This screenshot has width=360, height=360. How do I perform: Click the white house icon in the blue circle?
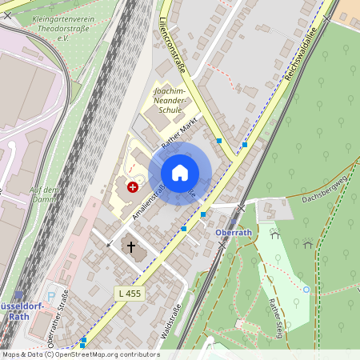pyautogui.click(x=180, y=173)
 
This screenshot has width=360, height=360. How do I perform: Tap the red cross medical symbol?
pyautogui.click(x=132, y=186)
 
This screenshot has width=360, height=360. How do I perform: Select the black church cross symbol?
pyautogui.click(x=132, y=247)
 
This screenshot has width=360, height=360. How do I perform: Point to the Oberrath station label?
pyautogui.click(x=234, y=233)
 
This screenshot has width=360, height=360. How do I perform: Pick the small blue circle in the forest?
pyautogui.click(x=306, y=289)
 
